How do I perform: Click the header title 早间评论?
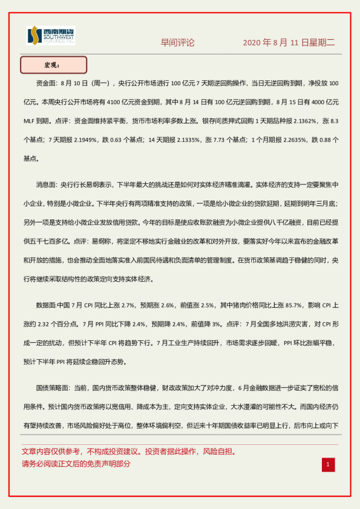click(177, 43)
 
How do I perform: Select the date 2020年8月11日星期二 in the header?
click(289, 43)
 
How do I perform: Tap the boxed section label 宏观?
click(53, 65)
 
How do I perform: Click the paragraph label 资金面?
click(47, 82)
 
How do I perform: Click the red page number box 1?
click(327, 464)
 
